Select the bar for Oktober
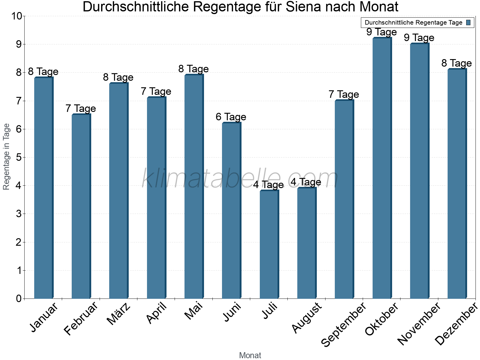click(382, 168)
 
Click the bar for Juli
click(269, 244)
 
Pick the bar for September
click(344, 199)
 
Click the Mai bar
click(194, 186)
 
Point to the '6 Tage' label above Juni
click(231, 117)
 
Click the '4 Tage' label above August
click(306, 182)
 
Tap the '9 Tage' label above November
click(419, 38)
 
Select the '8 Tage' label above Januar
click(43, 72)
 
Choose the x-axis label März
click(119, 314)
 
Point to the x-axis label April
click(156, 313)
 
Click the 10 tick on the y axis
click(16, 16)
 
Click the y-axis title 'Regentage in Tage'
click(6, 157)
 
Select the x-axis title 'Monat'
click(250, 355)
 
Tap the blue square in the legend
click(469, 22)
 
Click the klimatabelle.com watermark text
click(240, 178)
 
